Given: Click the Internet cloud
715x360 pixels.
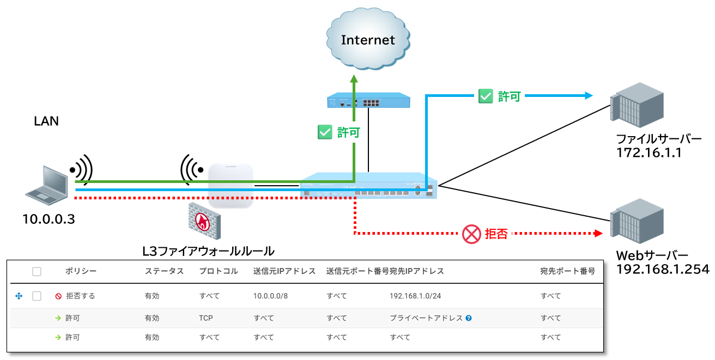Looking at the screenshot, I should pos(368,40).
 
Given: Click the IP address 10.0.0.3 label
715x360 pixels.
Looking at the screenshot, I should pos(49,220).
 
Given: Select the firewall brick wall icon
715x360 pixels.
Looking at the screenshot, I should pos(204,221).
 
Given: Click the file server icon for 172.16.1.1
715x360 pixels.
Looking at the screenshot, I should pos(637,105).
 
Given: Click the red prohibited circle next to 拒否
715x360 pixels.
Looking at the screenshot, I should pos(470,234).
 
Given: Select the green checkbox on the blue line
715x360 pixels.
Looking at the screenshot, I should pos(485,96).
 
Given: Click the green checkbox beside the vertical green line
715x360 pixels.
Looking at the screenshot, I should pos(325,132).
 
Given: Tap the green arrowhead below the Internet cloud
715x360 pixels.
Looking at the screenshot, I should pos(354,78).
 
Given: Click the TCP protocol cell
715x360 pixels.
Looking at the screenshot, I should pos(206,318).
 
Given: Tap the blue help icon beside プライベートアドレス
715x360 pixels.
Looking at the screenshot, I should pos(469,318).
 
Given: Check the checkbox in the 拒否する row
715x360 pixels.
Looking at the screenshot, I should pos(37,296).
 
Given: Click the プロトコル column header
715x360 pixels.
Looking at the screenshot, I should pos(219,271).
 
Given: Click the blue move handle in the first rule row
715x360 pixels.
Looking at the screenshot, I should pos(19,296).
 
